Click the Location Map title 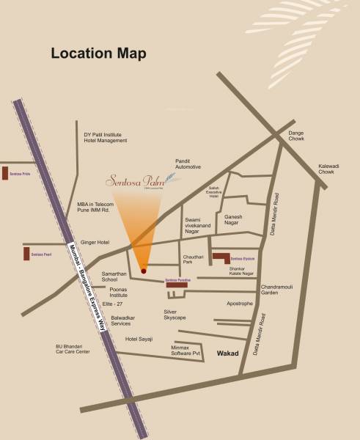98,54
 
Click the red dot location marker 144,271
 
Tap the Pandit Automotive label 188,164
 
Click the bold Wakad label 231,353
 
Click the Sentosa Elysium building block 220,258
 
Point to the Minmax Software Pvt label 185,351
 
